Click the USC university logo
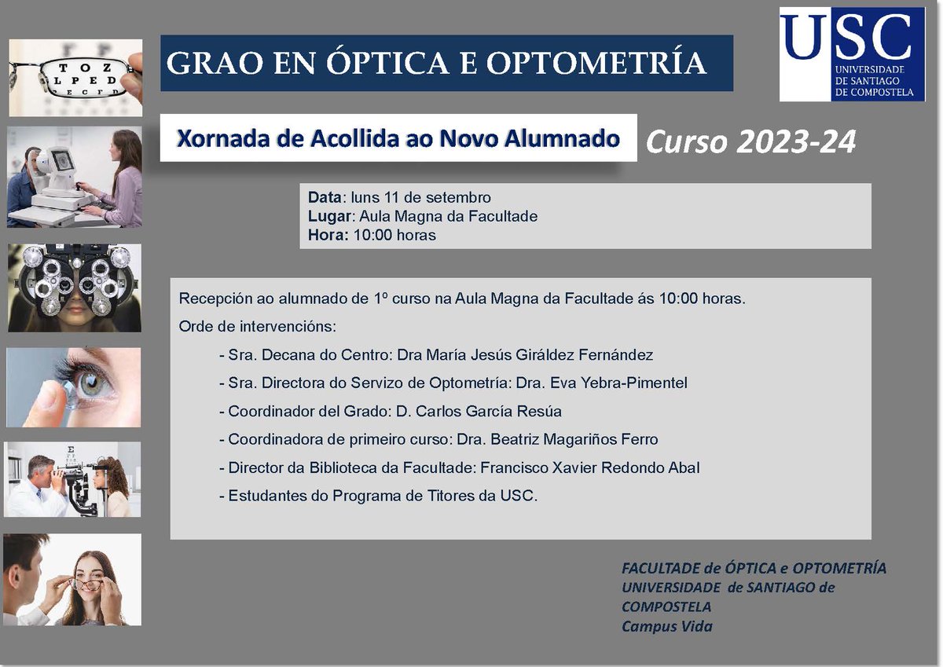click(851, 54)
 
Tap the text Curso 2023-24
click(750, 142)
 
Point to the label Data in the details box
click(325, 197)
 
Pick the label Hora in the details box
click(326, 235)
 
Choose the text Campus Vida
click(666, 626)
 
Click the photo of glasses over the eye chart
click(75, 77)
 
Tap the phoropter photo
click(75, 288)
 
